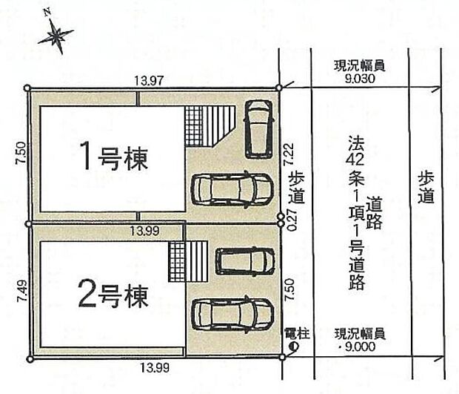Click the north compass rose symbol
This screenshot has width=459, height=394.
56,34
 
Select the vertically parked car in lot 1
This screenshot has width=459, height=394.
258,128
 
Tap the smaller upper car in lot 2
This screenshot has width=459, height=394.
244,260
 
